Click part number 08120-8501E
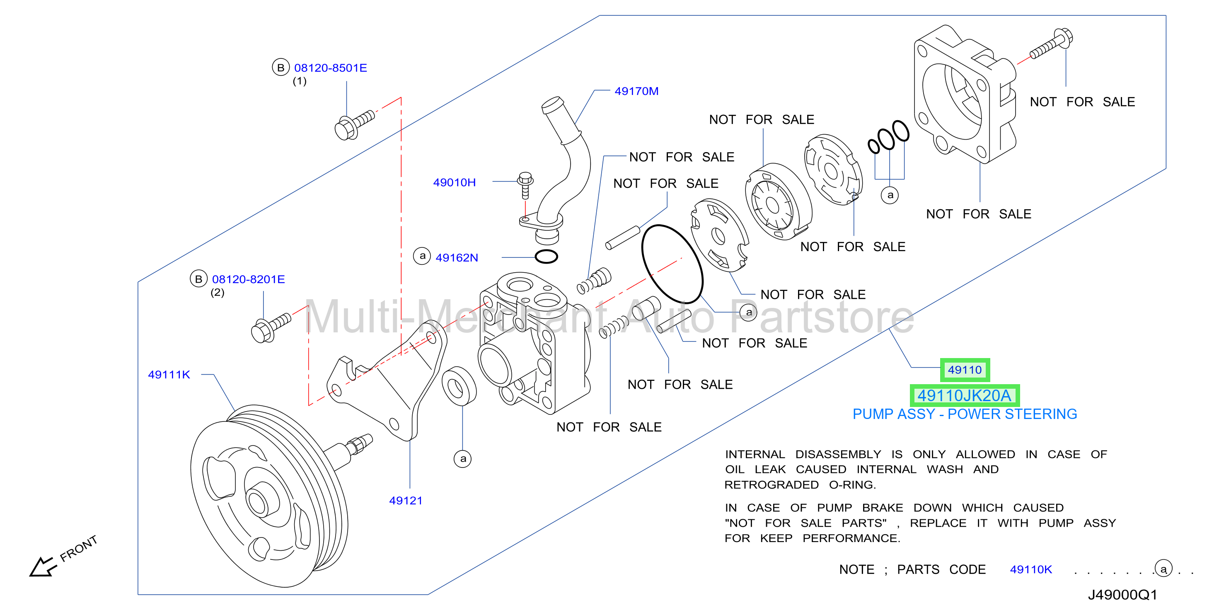[330, 68]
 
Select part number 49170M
[636, 91]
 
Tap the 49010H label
[454, 182]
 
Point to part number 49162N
[457, 257]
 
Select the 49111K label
[169, 375]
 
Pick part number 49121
[406, 501]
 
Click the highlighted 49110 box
[965, 370]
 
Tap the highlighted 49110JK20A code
[965, 395]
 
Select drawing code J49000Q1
[1122, 595]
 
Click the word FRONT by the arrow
[79, 548]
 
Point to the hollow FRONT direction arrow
[43, 566]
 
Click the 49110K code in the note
[1030, 569]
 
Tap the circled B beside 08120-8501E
[281, 68]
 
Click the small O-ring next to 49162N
[546, 257]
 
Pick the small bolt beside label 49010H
[525, 185]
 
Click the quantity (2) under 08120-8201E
[217, 293]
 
